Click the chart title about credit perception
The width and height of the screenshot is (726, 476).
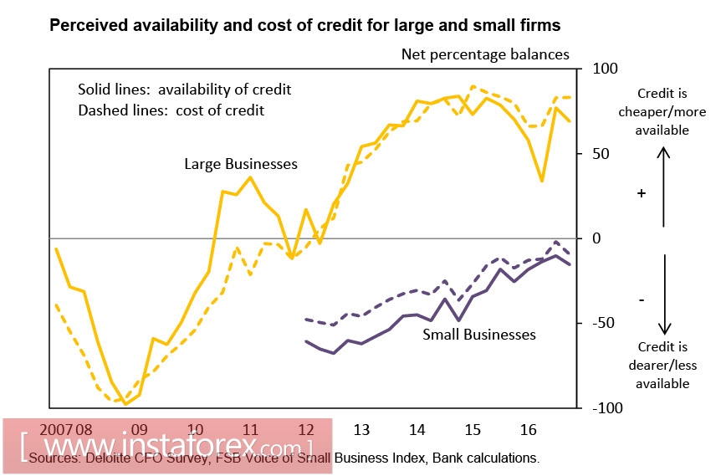click(305, 26)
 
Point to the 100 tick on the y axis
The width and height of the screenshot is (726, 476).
click(604, 69)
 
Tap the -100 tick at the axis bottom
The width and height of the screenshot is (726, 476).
click(606, 407)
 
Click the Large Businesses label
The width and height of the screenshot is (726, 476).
click(241, 164)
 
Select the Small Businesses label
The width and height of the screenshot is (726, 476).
click(478, 335)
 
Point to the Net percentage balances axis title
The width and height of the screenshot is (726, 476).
click(485, 55)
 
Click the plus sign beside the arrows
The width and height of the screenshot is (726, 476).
click(642, 193)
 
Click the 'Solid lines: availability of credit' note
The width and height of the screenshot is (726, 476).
click(184, 90)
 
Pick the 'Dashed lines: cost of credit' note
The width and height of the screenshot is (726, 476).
click(171, 110)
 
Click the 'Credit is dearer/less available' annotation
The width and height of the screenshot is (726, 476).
click(662, 365)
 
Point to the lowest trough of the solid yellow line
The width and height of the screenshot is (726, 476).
click(126, 403)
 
